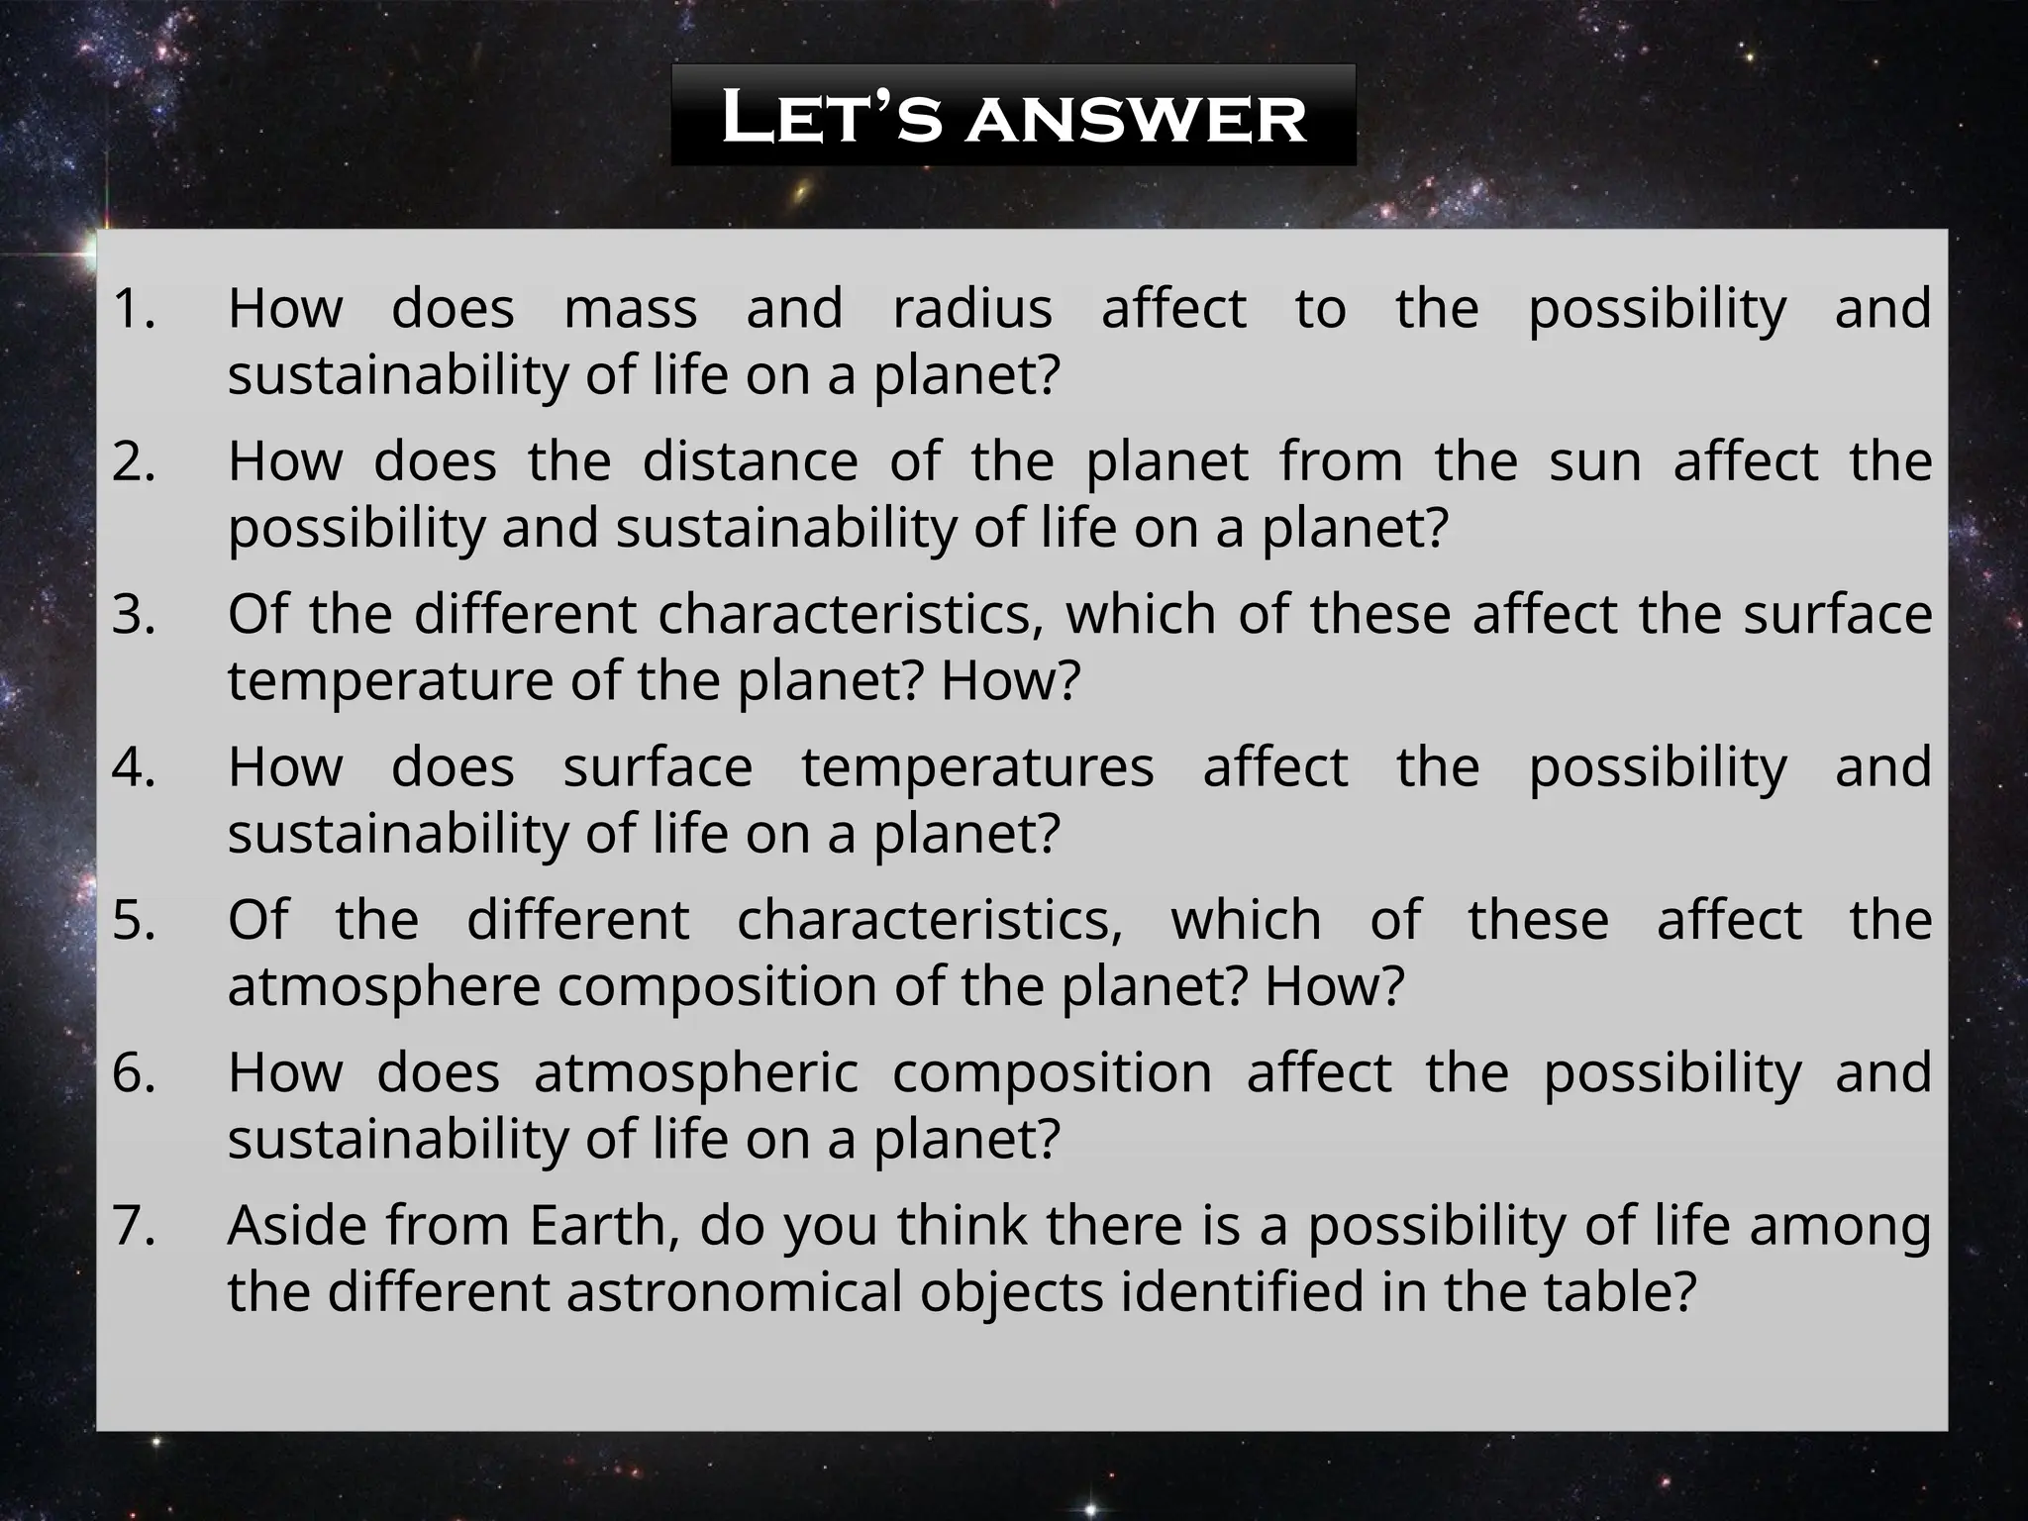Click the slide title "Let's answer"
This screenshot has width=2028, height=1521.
[1013, 117]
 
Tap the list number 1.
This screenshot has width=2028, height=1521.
[134, 308]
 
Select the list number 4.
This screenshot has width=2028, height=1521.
[134, 767]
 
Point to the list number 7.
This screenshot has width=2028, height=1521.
[134, 1226]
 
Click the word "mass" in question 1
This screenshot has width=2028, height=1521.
[631, 308]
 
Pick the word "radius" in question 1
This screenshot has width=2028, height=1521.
[972, 308]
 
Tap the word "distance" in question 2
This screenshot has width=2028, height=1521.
[750, 461]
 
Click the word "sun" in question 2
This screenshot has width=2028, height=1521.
[1595, 461]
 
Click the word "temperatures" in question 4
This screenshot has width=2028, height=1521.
[977, 767]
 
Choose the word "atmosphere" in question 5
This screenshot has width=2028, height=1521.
[384, 987]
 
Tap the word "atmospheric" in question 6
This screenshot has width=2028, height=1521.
[695, 1073]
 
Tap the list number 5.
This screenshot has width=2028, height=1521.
[134, 920]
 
